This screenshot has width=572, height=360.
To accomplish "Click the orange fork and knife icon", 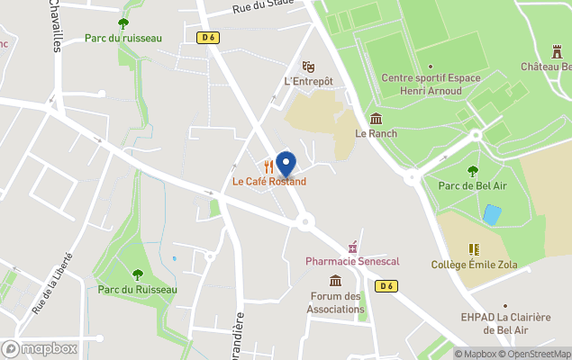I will tap(269, 166).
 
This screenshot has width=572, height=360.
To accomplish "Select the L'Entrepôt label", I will tap(308, 81).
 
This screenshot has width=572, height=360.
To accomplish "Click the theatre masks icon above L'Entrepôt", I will tap(308, 67).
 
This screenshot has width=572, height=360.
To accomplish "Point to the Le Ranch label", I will tap(376, 133).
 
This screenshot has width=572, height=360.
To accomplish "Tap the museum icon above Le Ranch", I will tap(376, 119).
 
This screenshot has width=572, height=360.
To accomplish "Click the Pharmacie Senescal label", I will tap(352, 261).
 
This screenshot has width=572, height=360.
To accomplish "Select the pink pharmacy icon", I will tap(353, 247).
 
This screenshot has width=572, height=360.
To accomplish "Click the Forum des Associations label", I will tap(337, 302).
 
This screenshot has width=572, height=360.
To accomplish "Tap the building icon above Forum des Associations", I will tap(336, 281).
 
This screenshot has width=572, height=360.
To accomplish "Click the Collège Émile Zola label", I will tap(474, 264).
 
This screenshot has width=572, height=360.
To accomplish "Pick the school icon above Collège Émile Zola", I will tap(474, 249).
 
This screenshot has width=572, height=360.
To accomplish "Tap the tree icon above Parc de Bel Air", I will tap(473, 171).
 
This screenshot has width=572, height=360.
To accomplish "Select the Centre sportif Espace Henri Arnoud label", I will tap(431, 84).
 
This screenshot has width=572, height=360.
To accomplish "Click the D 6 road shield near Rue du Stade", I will tap(209, 37).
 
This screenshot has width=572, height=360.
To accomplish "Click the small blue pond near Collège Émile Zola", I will tap(491, 214).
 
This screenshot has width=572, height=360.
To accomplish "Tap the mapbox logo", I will tap(40, 348).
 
